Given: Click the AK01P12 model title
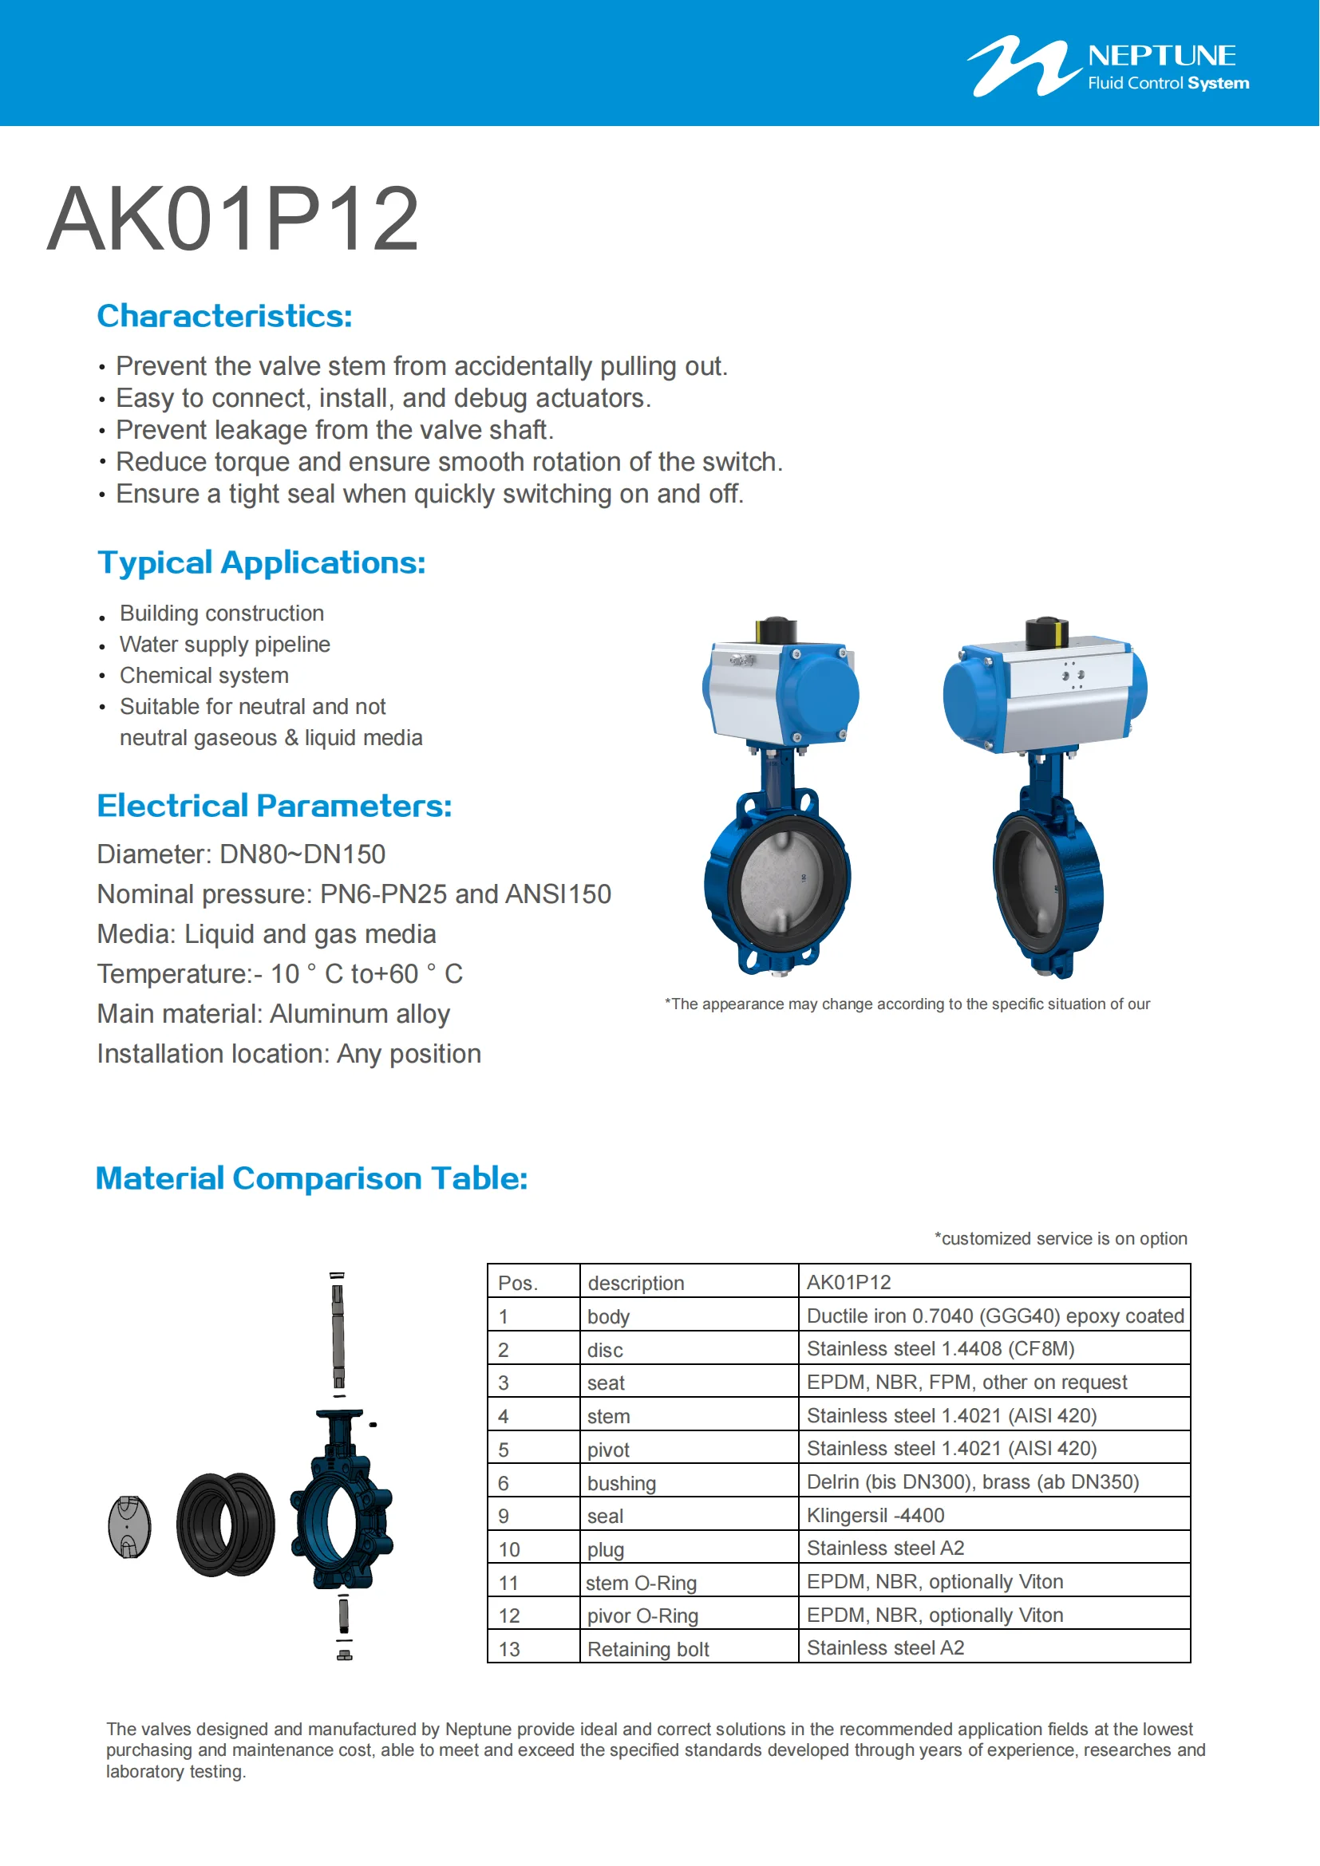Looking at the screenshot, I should (x=233, y=219).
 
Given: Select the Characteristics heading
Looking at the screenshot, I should (x=224, y=316).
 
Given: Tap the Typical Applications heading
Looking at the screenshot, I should (x=261, y=562).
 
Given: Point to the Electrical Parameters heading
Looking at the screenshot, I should (x=274, y=806).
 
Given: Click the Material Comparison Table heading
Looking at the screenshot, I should (x=311, y=1178).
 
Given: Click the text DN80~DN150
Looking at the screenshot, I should (x=302, y=854).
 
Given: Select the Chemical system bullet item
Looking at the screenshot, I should (x=204, y=676).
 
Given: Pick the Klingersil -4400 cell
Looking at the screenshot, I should (x=875, y=1516).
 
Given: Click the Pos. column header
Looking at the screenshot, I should (x=518, y=1284).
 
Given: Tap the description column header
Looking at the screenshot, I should (x=635, y=1284).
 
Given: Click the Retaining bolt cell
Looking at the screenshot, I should (x=648, y=1649).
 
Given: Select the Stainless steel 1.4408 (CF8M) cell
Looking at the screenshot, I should (x=940, y=1349).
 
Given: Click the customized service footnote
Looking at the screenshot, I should (x=1060, y=1239).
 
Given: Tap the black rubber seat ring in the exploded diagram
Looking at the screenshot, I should (x=225, y=1525).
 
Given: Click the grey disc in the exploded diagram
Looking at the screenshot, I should (x=130, y=1526).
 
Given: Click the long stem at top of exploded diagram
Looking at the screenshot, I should (x=338, y=1333).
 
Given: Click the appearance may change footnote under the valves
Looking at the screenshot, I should (x=907, y=1004).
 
